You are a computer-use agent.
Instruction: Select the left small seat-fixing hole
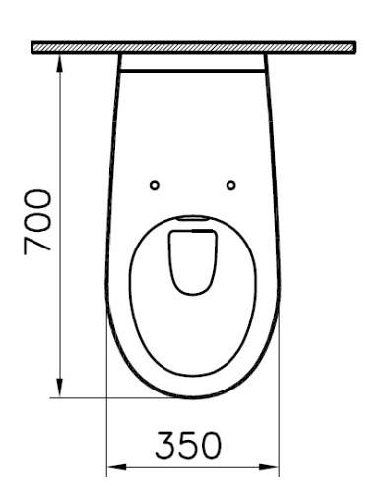pos(154,185)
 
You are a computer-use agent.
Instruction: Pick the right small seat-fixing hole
pos(230,185)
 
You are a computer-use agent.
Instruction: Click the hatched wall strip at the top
pos(192,46)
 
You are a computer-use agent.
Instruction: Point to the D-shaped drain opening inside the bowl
pos(192,259)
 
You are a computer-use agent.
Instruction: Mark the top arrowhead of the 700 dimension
pos(62,59)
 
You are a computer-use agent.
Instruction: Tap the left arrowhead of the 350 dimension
pos(113,466)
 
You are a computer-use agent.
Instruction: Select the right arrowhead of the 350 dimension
pos(273,466)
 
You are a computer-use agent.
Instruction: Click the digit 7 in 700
pos(39,245)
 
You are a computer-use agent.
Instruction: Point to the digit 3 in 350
pos(163,445)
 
